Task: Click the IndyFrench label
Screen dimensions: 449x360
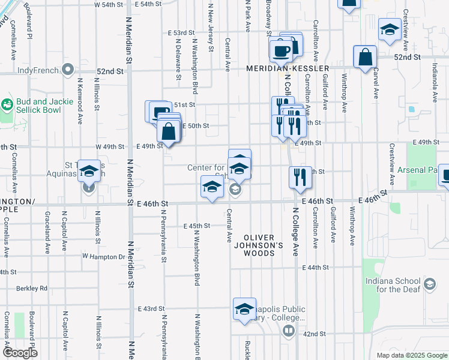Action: [x=34, y=70]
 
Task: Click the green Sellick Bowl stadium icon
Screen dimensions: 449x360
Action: [x=7, y=105]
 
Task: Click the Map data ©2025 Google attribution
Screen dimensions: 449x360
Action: [x=411, y=355]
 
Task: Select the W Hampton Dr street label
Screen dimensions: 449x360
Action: [x=103, y=257]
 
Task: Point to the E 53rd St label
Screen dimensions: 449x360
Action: [x=182, y=32]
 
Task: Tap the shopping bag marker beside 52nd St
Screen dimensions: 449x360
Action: [x=365, y=58]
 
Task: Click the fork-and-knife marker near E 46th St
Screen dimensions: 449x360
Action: [x=300, y=178]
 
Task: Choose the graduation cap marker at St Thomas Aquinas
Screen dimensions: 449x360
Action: [x=89, y=172]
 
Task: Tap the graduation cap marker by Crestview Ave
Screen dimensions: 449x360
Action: [x=390, y=30]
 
